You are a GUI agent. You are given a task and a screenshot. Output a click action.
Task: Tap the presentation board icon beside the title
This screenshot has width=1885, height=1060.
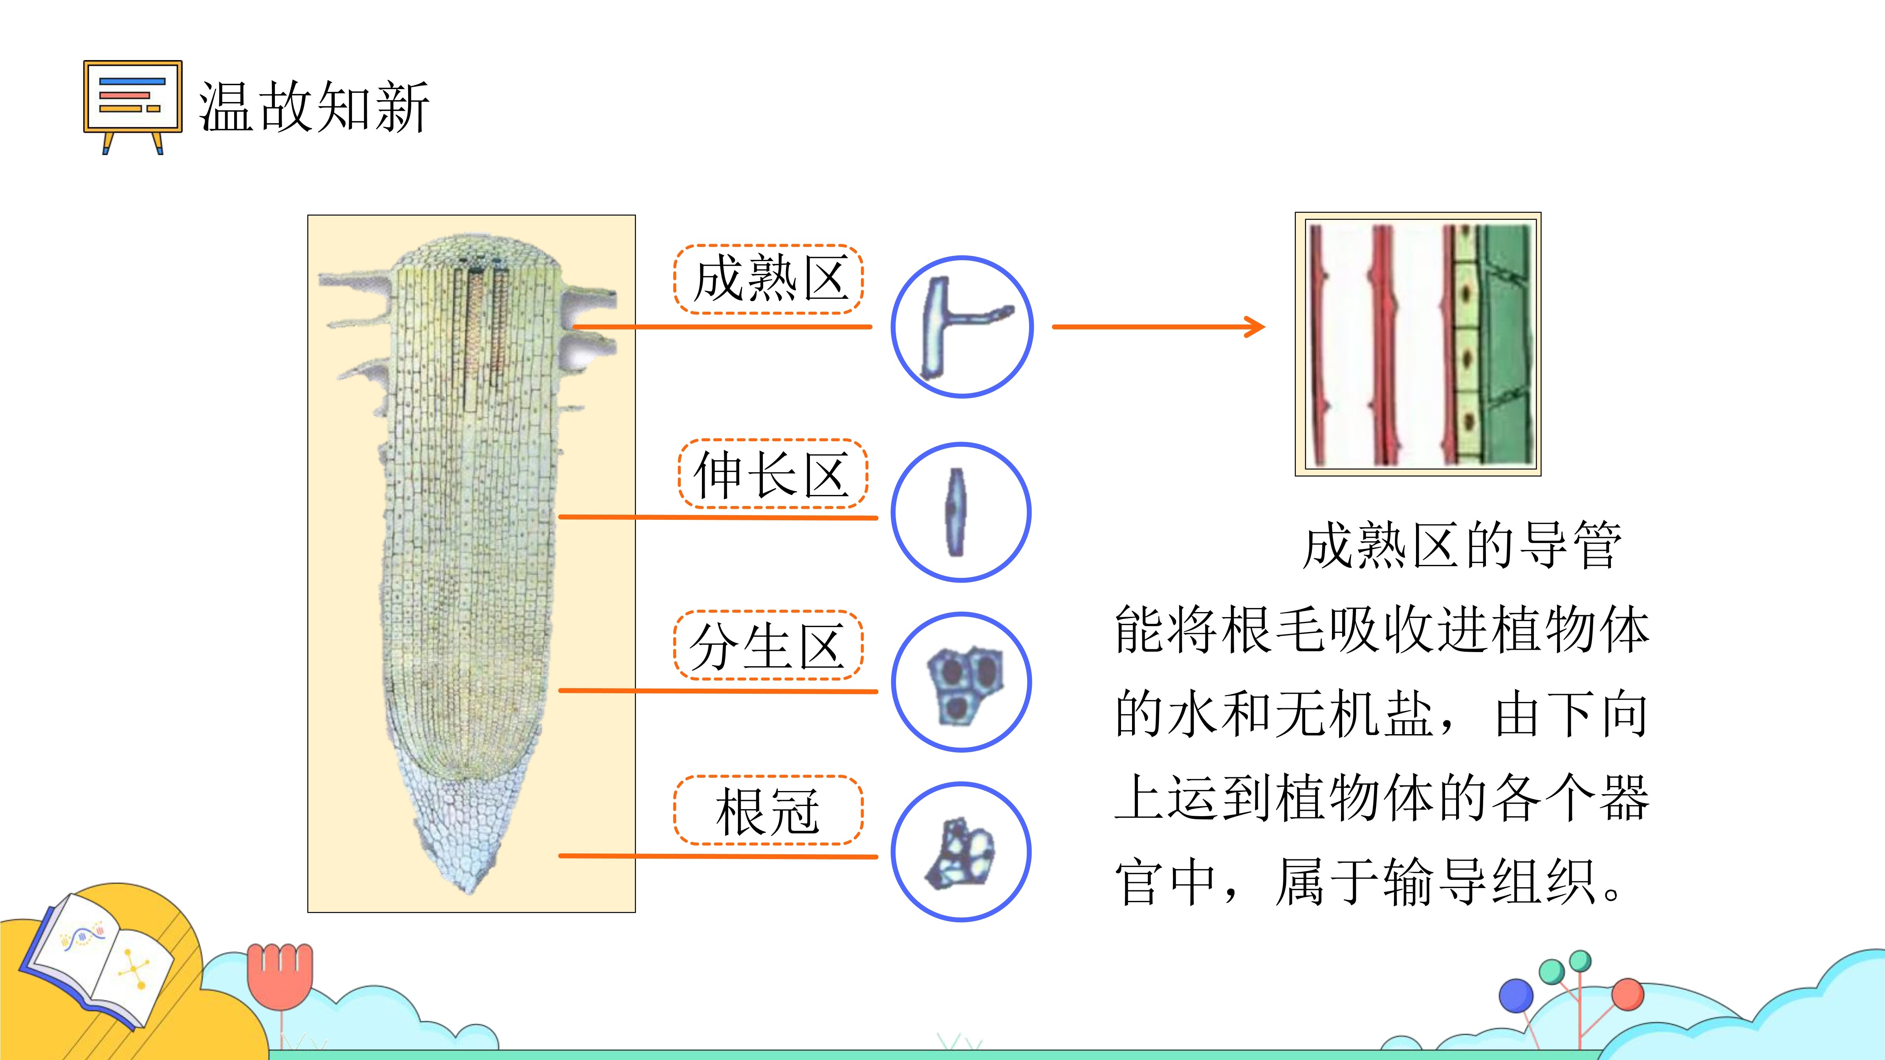132,107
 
